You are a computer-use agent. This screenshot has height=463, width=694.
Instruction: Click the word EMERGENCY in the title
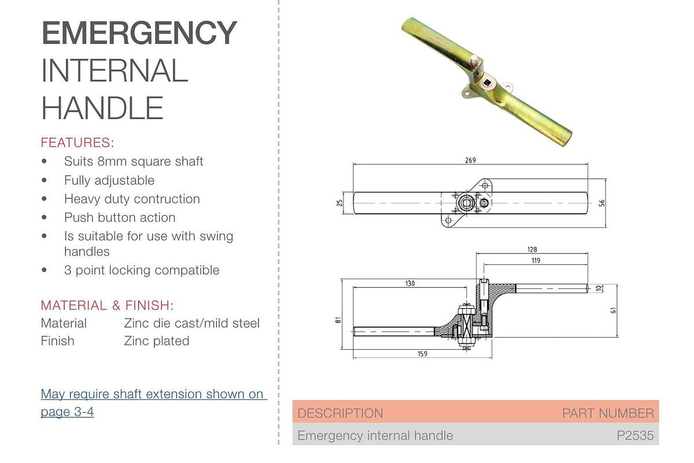[139, 32]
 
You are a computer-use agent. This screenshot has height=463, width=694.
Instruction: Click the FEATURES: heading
[77, 142]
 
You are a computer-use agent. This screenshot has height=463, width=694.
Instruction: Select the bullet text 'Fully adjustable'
[109, 180]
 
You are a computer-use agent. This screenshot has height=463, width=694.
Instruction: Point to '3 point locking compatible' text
[142, 270]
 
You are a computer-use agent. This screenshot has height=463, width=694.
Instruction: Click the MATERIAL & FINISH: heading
[107, 305]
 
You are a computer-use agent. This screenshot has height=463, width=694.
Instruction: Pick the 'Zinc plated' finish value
[157, 341]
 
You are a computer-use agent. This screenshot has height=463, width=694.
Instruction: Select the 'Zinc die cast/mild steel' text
[192, 323]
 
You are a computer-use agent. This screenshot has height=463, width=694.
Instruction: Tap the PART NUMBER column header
[608, 413]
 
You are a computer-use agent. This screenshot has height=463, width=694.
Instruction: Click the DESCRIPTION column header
[340, 413]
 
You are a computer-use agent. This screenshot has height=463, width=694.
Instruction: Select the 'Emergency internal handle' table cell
[375, 435]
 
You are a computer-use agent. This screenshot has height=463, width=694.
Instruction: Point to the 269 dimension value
[470, 161]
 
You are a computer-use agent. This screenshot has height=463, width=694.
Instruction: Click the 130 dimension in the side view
[409, 284]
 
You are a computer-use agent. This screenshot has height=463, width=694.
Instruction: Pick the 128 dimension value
[532, 250]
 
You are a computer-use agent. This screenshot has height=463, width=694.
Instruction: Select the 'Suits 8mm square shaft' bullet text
[134, 161]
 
